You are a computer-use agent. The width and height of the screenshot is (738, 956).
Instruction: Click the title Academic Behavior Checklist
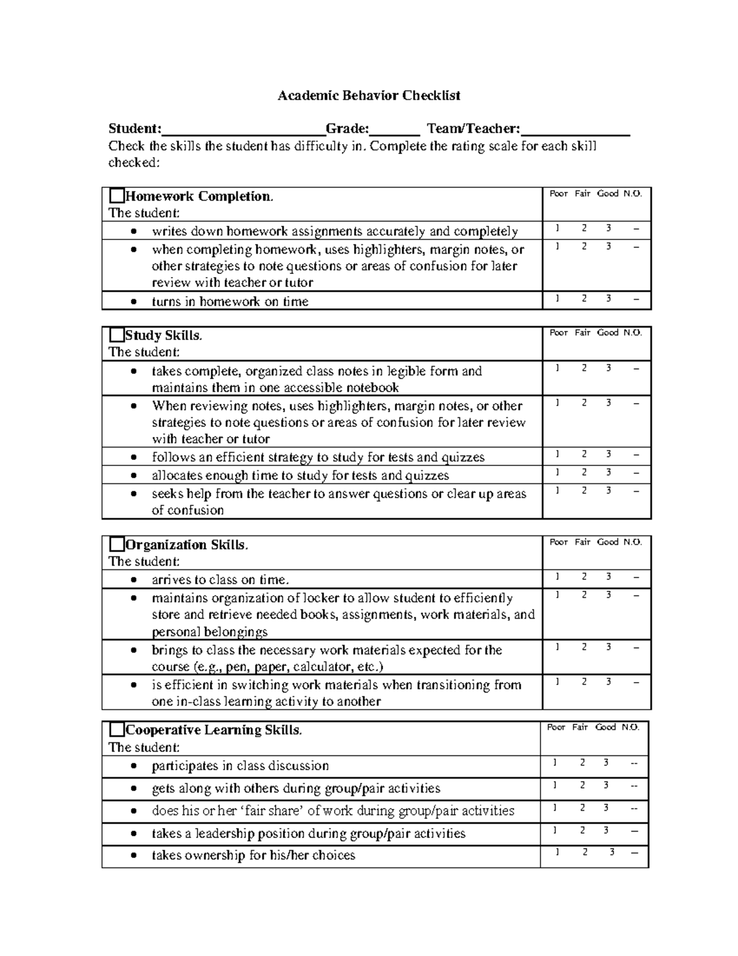coord(368,95)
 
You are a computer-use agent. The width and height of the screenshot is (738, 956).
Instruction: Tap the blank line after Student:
coord(244,130)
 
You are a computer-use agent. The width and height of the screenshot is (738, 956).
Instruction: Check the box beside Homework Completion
coord(116,196)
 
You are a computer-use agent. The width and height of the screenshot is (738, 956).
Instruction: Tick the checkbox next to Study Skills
coord(116,335)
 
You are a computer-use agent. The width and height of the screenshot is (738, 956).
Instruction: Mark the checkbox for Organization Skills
coord(116,545)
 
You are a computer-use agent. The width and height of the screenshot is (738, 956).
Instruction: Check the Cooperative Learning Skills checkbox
coord(116,730)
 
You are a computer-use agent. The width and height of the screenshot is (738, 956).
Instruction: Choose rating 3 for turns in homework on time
coord(608,299)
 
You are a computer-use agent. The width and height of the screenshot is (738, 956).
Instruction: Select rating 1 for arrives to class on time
coord(557,577)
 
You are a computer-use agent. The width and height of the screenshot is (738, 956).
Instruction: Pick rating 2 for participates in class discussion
coord(582,763)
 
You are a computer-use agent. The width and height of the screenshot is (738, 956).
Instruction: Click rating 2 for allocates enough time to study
coord(584,472)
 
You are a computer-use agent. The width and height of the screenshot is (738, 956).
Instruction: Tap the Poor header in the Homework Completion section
coord(558,193)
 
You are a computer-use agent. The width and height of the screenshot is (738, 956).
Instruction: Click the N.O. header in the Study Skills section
coord(632,332)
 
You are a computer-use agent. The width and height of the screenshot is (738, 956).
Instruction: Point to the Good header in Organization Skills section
coord(608,542)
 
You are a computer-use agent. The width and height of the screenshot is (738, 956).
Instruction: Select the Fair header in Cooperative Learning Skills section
coord(580,727)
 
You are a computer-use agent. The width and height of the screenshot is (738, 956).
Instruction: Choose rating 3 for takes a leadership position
coord(606,830)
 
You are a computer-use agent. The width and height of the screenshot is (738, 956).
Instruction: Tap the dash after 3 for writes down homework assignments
coord(636,229)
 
